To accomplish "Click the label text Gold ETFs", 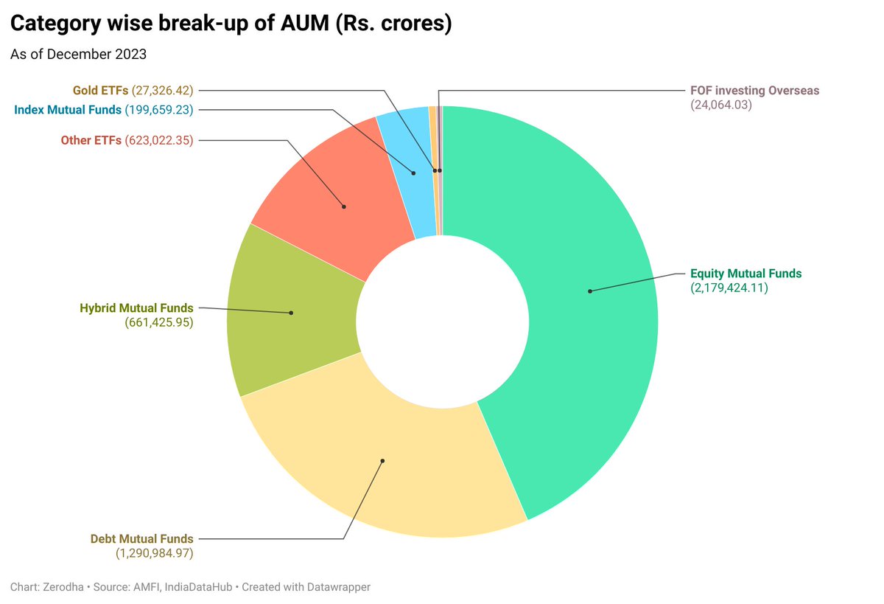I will tap(100, 91).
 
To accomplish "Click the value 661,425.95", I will tap(159, 322).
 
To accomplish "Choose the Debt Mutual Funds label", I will tap(141, 538).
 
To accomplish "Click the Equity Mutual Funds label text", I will tap(746, 274).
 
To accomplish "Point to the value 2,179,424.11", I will tap(729, 288).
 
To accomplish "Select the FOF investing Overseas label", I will tap(754, 91).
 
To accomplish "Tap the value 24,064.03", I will tap(720, 105).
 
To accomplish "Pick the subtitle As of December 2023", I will tap(78, 54).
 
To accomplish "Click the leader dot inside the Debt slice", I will tap(383, 461).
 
